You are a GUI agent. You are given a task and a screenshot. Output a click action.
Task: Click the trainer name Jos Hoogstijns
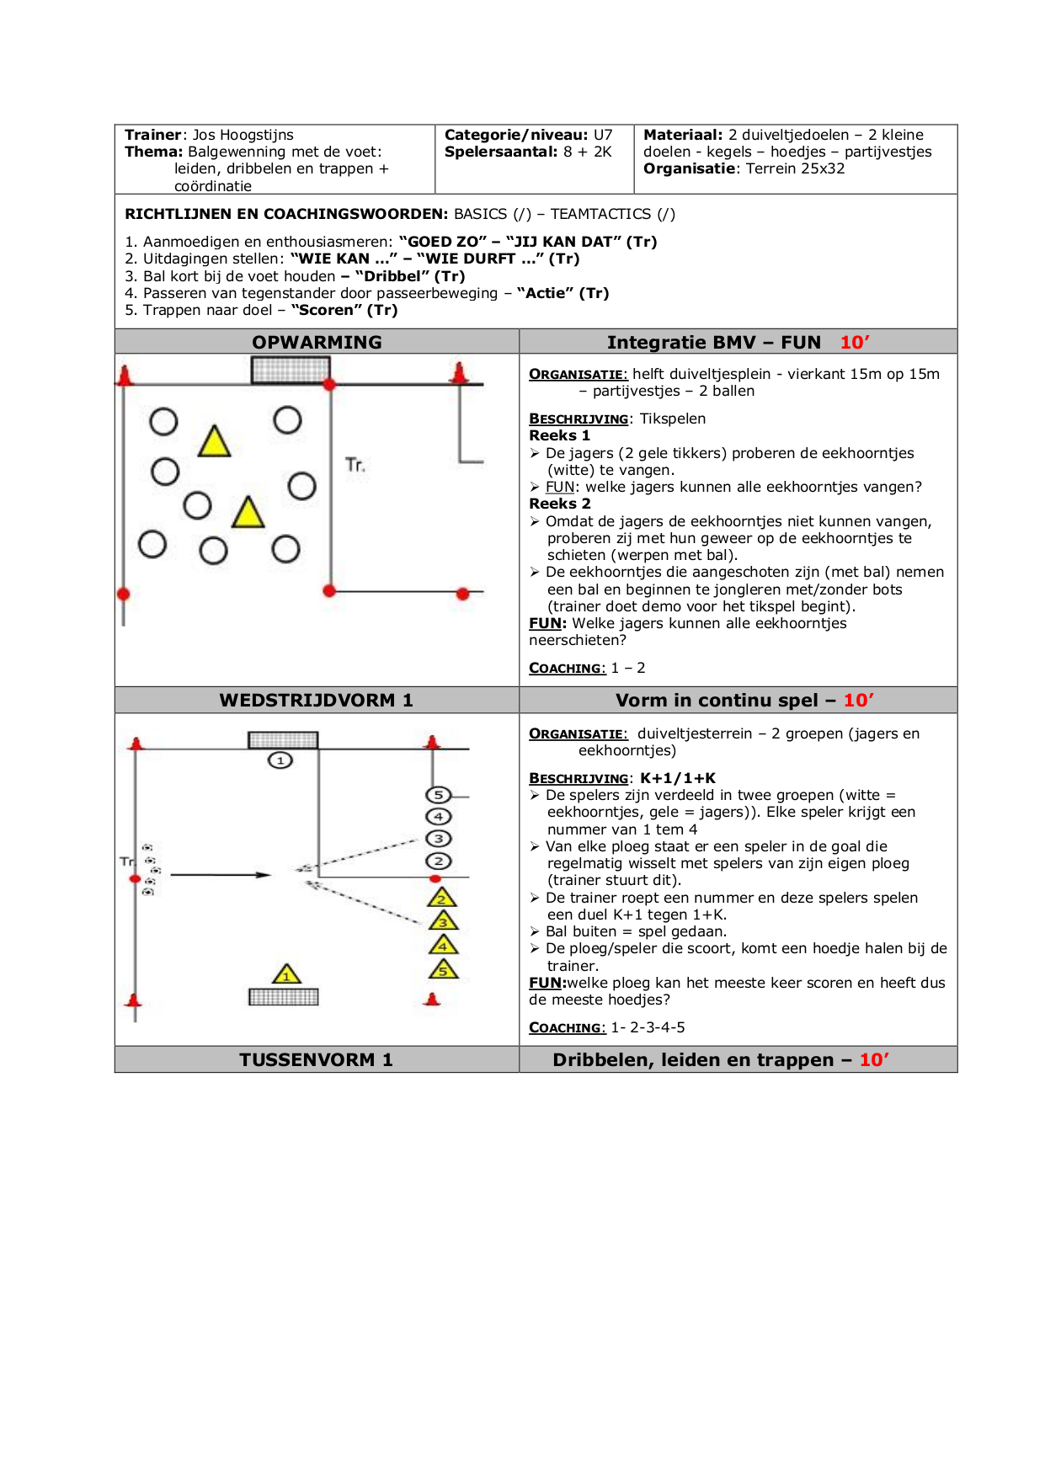pyautogui.click(x=243, y=135)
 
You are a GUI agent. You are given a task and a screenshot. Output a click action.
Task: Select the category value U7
pyautogui.click(x=603, y=135)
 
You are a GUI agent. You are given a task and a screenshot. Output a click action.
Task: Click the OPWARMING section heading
pyautogui.click(x=317, y=342)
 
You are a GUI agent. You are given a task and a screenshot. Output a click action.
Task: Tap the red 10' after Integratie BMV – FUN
pyautogui.click(x=855, y=342)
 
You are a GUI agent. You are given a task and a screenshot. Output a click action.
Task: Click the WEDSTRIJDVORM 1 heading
pyautogui.click(x=316, y=701)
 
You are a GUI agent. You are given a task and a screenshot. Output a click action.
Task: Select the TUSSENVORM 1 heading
pyautogui.click(x=316, y=1059)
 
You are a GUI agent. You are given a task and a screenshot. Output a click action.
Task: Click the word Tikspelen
pyautogui.click(x=672, y=419)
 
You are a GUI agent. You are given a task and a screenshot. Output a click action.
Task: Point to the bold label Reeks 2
pyautogui.click(x=559, y=504)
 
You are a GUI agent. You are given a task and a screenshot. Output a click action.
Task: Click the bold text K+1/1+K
pyautogui.click(x=677, y=778)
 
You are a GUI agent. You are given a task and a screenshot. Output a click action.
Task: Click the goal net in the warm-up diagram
pyautogui.click(x=291, y=369)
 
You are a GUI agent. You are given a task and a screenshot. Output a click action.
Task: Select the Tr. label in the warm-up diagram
pyautogui.click(x=355, y=465)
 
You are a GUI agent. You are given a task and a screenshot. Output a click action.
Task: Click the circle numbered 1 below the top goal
pyautogui.click(x=280, y=760)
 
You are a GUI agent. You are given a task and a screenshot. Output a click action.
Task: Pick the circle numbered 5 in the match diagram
pyautogui.click(x=438, y=795)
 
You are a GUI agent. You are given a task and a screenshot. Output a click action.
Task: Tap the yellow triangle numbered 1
pyautogui.click(x=286, y=975)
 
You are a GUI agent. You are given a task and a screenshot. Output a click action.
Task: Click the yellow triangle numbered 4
pyautogui.click(x=443, y=946)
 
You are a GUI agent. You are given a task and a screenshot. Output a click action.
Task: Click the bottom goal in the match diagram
pyautogui.click(x=284, y=997)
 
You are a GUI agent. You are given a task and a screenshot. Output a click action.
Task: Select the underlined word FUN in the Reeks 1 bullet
pyautogui.click(x=560, y=487)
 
